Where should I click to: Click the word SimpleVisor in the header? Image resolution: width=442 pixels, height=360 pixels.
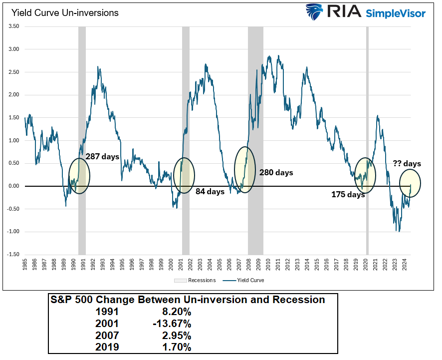point(396,13)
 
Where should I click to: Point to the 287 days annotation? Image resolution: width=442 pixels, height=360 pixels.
point(103,156)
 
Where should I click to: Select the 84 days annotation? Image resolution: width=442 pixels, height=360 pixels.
point(210,191)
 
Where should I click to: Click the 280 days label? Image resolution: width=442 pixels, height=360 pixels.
point(276,173)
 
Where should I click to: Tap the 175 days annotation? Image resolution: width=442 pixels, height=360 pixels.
point(348,195)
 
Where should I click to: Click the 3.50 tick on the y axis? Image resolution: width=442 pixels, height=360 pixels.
point(13,26)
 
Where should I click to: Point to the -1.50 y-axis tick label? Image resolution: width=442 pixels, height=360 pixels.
point(13,255)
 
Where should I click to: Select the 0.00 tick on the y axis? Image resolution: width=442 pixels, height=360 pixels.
point(13,186)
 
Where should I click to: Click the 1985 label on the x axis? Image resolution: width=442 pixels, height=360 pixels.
point(25,265)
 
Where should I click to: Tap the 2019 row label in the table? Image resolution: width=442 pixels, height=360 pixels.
point(107,347)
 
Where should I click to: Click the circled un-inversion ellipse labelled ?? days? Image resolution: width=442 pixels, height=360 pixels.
point(410,183)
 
